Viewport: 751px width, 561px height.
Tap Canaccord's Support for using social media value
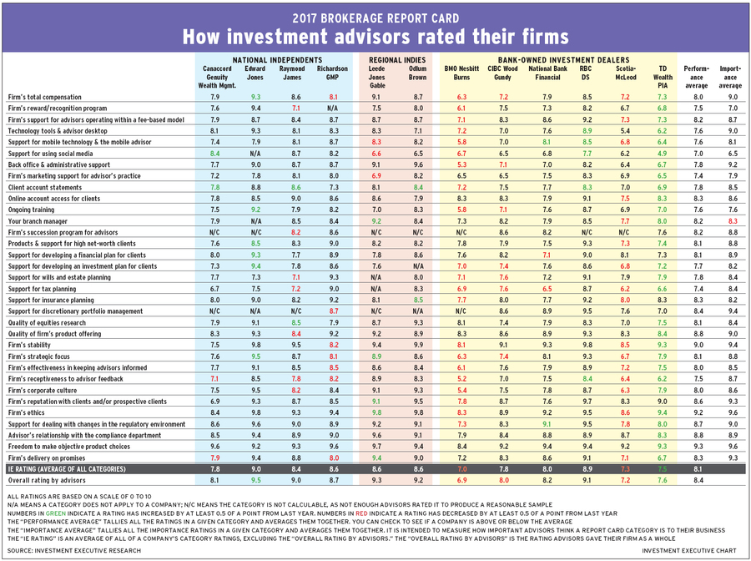pos(214,154)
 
